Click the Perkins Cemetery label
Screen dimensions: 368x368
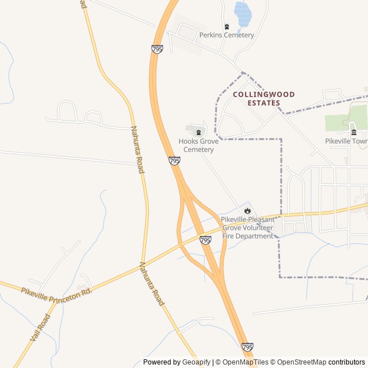coord(227,35)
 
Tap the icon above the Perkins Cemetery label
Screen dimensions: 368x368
coord(227,26)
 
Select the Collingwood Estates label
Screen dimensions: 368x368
coord(263,98)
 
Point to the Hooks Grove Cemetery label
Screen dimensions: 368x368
coord(198,145)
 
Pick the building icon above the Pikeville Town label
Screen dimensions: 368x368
coord(354,132)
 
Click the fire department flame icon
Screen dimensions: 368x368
coord(247,210)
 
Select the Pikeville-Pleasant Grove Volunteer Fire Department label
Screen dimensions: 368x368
coord(247,228)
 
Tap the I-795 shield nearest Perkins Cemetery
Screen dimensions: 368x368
coord(158,49)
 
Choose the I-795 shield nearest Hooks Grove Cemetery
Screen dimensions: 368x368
coord(175,161)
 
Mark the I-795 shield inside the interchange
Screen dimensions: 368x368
coord(205,240)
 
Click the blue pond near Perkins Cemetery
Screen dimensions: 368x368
coord(243,15)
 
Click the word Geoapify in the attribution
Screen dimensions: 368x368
coord(197,362)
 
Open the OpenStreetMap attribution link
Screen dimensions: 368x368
coord(300,362)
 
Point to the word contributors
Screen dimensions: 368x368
coord(347,362)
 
